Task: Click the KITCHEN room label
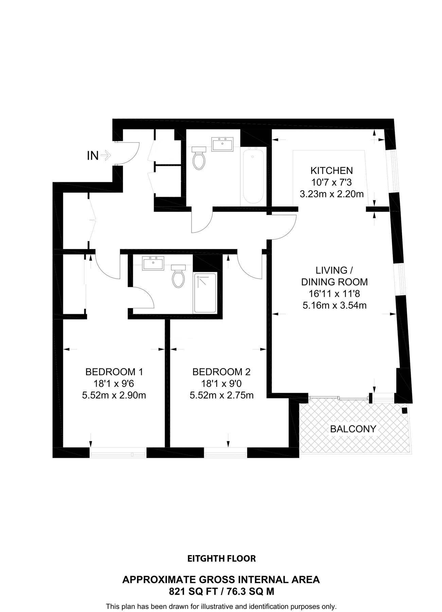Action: click(x=332, y=170)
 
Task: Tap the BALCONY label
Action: click(x=353, y=429)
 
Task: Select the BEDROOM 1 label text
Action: click(x=114, y=372)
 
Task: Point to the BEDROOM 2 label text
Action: click(x=222, y=372)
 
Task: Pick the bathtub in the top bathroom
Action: click(x=253, y=176)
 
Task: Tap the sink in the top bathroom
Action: click(x=222, y=144)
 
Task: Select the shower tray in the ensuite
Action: click(x=205, y=293)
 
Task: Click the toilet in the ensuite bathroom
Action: click(x=178, y=276)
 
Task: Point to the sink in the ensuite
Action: click(x=153, y=263)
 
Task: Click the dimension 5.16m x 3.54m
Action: click(x=334, y=305)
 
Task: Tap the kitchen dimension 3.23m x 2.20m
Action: click(x=332, y=194)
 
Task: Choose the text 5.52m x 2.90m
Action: click(x=114, y=395)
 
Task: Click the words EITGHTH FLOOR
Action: click(x=222, y=559)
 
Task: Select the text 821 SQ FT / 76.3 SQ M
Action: click(x=222, y=592)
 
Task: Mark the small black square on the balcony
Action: click(x=404, y=411)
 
